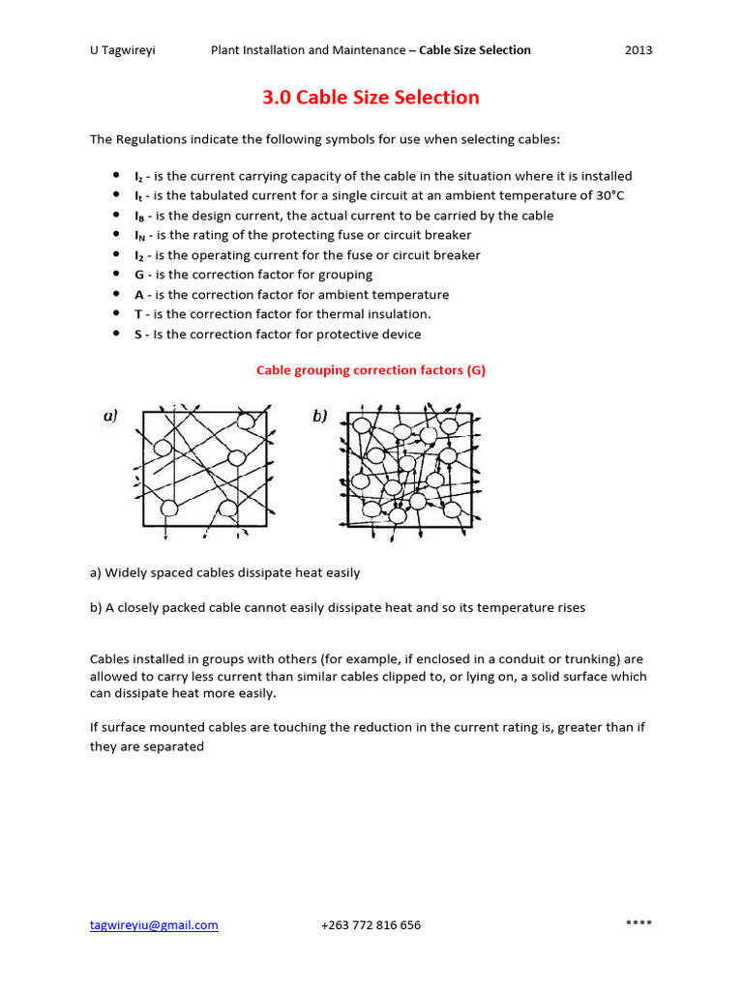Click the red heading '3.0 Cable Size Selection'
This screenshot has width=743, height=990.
coord(371,98)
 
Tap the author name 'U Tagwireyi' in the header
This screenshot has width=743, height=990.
coord(123,50)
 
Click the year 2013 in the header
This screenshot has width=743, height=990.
coord(639,50)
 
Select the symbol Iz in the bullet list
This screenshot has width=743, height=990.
coord(138,177)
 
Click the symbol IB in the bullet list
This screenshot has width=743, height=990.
coord(139,217)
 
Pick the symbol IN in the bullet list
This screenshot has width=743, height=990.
coord(139,236)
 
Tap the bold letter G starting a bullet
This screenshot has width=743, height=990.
coord(138,276)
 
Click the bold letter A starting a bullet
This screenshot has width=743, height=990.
coord(138,295)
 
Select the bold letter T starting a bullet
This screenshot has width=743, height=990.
coord(138,314)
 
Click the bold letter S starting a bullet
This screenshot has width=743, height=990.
coord(138,335)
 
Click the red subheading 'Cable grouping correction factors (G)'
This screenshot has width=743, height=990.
coord(371,370)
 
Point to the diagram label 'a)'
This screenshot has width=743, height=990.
coord(111,416)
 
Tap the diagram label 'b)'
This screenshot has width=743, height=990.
coord(319,416)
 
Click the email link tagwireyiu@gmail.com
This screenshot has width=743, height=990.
coord(154,925)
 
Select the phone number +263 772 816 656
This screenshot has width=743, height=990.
coord(371,925)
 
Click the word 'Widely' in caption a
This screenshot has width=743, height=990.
coord(125,572)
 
